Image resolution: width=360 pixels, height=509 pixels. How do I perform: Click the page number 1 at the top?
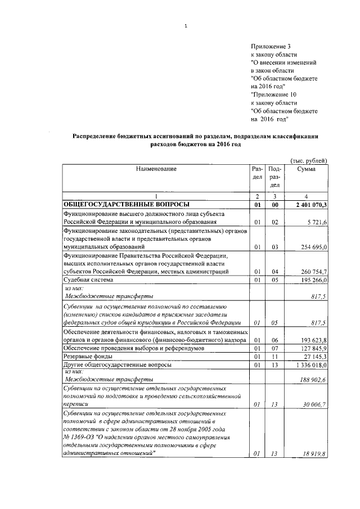click(185, 25)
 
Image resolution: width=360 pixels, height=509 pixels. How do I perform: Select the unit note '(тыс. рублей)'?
click(308, 161)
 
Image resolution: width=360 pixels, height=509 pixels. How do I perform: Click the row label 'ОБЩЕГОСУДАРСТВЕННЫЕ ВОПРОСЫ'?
click(126, 204)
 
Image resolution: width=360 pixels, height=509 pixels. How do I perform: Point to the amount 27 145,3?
click(316, 356)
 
